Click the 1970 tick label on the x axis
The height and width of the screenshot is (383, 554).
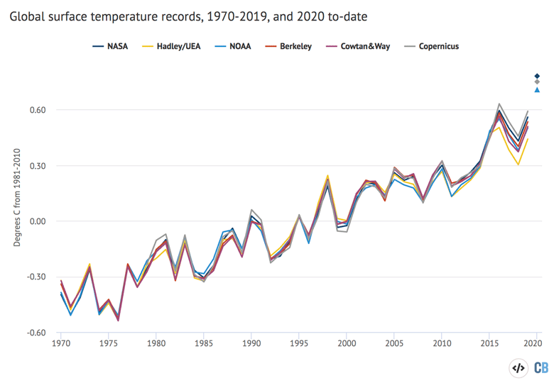(61, 344)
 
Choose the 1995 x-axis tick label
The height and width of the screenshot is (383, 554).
(299, 344)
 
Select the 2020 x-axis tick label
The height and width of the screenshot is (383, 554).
(537, 344)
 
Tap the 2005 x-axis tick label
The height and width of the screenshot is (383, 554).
(394, 344)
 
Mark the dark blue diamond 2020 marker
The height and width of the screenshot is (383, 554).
(538, 76)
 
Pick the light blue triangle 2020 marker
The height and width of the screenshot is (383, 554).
(538, 89)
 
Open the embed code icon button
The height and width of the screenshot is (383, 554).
(519, 367)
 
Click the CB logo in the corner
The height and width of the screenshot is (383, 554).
(541, 367)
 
